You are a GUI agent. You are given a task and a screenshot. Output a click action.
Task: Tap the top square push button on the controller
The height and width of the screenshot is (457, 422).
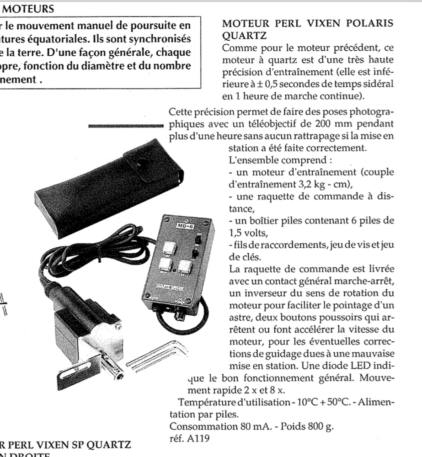[170, 247]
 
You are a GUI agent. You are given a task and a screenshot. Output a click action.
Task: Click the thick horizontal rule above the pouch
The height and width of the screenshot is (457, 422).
[125, 125]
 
